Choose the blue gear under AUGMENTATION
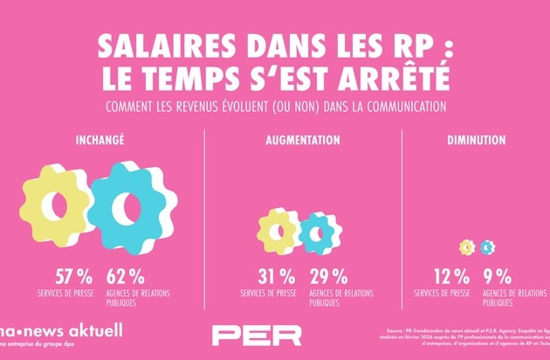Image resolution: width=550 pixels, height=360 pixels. click(315, 232)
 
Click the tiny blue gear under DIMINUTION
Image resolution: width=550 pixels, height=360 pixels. click(486, 247)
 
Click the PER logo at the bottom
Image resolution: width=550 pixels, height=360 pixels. click(258, 336)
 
